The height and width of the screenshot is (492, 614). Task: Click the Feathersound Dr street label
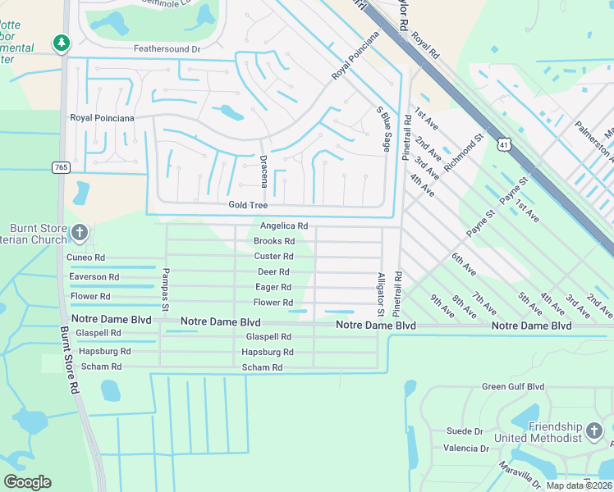(167, 49)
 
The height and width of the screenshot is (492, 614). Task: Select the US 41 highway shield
(502, 142)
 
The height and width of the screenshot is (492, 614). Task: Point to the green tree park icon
(60, 42)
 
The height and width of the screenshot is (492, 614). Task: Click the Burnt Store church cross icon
(79, 233)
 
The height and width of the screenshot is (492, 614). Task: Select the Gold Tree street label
(248, 205)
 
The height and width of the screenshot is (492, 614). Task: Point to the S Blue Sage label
(382, 128)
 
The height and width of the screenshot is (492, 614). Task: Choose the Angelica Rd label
(283, 225)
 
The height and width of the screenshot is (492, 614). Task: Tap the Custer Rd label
(274, 257)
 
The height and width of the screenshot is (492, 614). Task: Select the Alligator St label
(380, 294)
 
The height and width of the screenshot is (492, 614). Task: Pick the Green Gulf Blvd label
(513, 387)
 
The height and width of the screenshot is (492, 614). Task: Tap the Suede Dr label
(465, 430)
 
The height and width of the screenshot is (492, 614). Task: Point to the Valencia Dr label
(465, 449)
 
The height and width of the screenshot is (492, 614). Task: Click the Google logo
(27, 482)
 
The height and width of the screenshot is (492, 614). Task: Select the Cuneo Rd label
(86, 257)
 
